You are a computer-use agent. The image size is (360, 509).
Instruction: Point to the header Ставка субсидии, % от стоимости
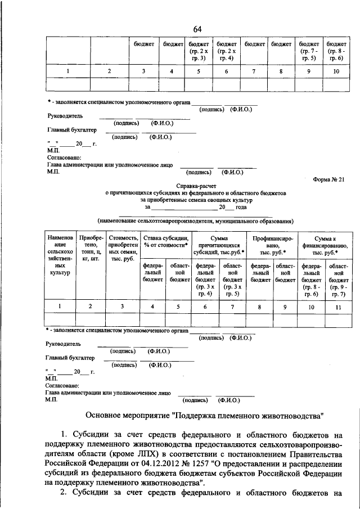pos(165,242)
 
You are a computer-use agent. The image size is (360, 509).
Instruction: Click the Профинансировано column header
pos(273,246)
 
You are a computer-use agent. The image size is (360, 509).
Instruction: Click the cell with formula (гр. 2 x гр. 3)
pos(199,55)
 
